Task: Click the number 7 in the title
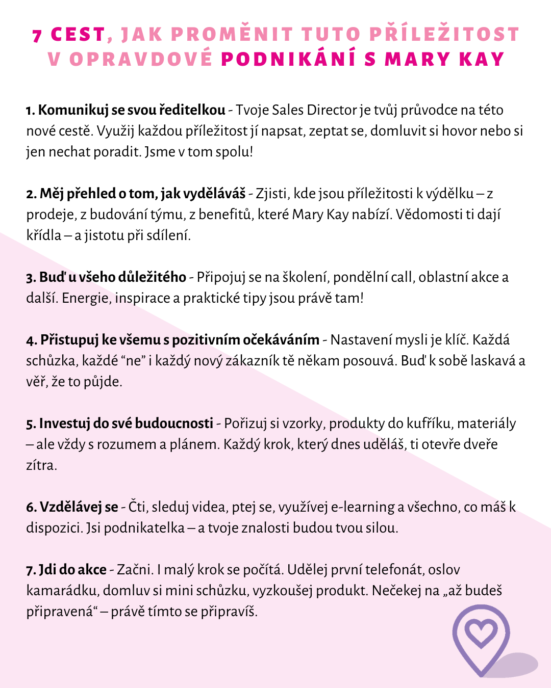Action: point(37,36)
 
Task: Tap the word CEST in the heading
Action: point(78,35)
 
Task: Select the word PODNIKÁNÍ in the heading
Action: point(288,59)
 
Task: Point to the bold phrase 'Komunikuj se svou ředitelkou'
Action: point(132,110)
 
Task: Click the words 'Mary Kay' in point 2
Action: point(320,215)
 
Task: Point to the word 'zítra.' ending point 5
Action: point(41,465)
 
